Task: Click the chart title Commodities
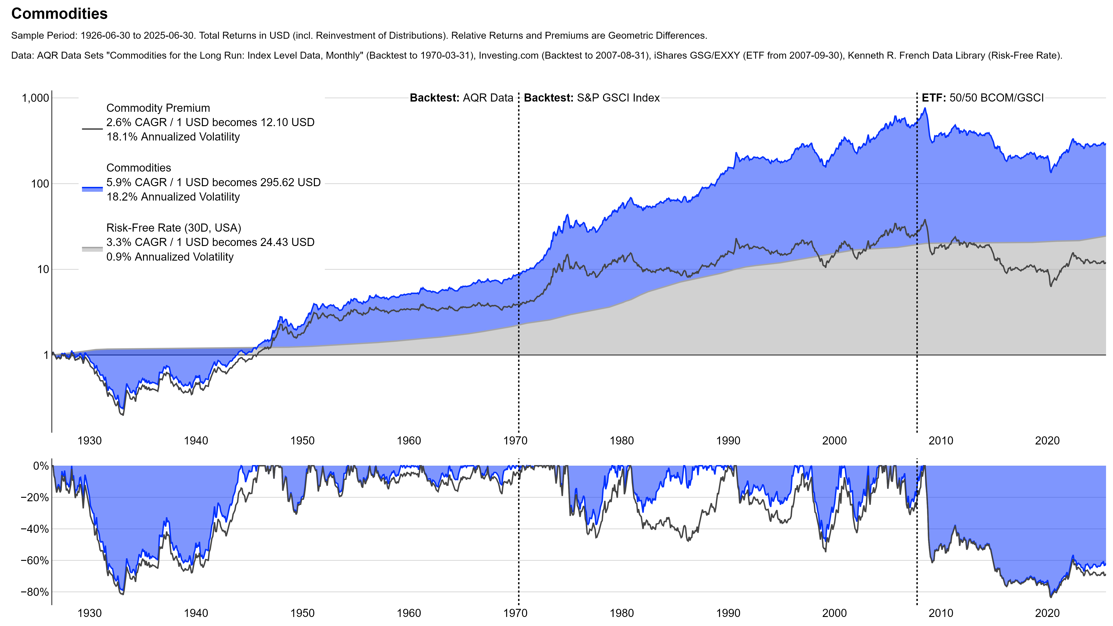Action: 59,14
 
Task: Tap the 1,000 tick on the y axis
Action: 35,98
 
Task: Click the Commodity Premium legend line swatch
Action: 92,129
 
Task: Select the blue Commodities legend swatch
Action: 92,189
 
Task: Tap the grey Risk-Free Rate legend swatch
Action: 92,249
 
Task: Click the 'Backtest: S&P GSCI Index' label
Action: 592,98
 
